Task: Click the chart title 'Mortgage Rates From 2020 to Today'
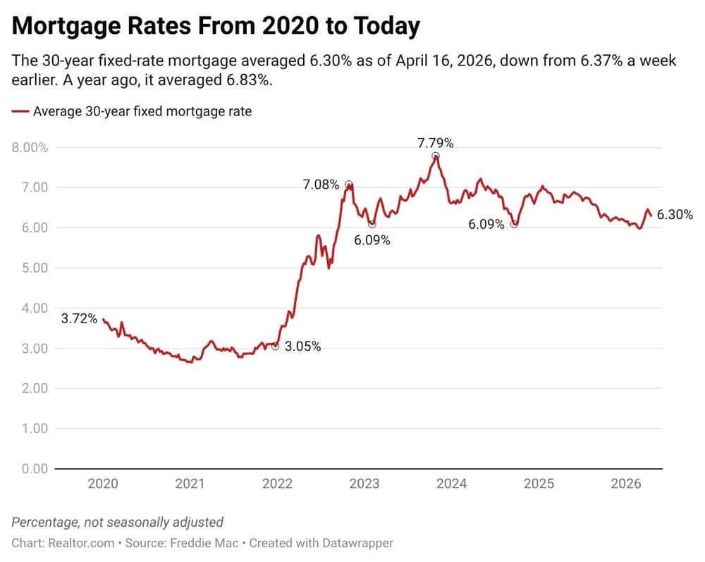(216, 26)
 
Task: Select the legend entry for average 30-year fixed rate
(132, 111)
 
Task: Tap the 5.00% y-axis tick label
(30, 268)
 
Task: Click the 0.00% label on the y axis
(30, 469)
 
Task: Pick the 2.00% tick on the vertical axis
(30, 389)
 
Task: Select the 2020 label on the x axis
(103, 484)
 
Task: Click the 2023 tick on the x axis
(364, 484)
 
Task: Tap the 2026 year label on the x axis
(625, 484)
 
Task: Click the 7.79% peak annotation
(435, 144)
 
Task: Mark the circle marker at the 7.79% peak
(436, 156)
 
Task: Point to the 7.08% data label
(321, 185)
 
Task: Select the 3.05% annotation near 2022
(302, 346)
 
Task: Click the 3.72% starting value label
(79, 319)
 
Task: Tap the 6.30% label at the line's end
(675, 216)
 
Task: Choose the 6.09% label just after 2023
(372, 240)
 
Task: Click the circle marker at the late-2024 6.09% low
(515, 224)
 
